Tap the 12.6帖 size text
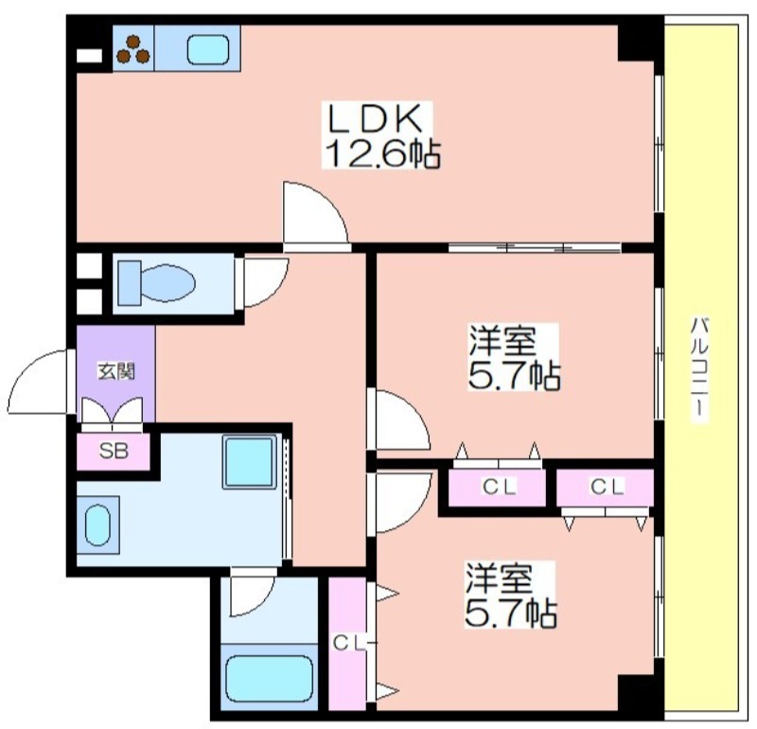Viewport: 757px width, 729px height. pyautogui.click(x=382, y=152)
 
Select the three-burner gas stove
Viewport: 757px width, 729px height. pyautogui.click(x=133, y=49)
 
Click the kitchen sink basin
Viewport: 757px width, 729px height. pyautogui.click(x=207, y=50)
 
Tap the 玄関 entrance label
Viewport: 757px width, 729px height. pyautogui.click(x=116, y=371)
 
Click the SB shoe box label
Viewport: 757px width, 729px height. pyautogui.click(x=114, y=451)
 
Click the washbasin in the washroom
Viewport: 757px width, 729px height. pyautogui.click(x=98, y=525)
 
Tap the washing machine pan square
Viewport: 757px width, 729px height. pyautogui.click(x=249, y=462)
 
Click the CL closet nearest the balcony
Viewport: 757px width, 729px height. pyautogui.click(x=605, y=488)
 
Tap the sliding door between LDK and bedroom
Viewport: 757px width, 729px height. pyautogui.click(x=535, y=248)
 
